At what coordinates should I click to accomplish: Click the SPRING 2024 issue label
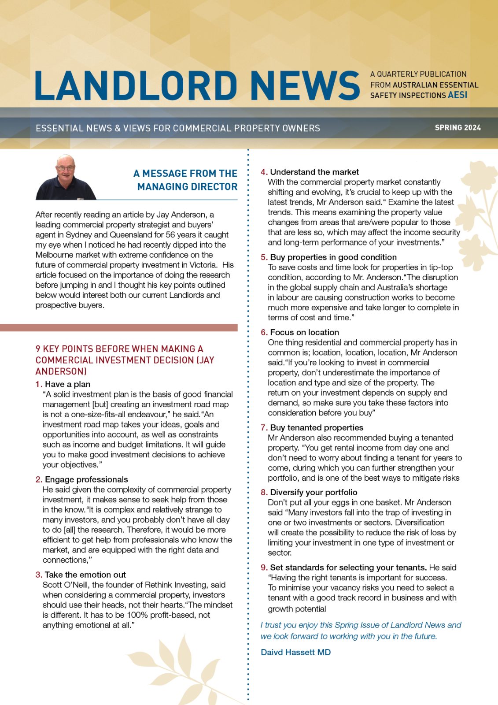coord(457,128)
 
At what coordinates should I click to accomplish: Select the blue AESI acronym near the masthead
coord(457,95)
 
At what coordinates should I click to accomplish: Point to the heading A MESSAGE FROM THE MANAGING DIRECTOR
coord(186,180)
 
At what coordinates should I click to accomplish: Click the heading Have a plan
coord(67,384)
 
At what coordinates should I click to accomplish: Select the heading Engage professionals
coord(86,479)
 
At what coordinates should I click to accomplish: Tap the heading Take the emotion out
coord(85,575)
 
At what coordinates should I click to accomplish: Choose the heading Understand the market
coord(314,172)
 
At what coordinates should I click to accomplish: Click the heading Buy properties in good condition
coord(333,257)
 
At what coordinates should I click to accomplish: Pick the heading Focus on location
coord(304,332)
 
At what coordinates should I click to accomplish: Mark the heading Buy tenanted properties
coord(317,427)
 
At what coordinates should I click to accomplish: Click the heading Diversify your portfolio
coord(314,492)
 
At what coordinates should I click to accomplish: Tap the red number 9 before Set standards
coord(263,568)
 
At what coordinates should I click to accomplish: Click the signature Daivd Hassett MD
coord(295,652)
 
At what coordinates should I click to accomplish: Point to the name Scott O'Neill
coord(66,585)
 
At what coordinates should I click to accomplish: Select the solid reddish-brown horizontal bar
coord(119,327)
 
